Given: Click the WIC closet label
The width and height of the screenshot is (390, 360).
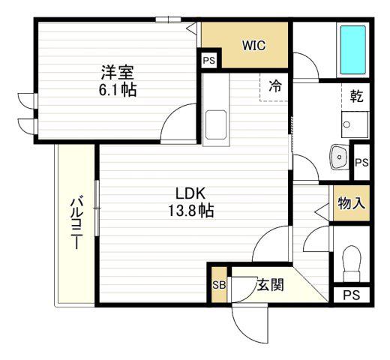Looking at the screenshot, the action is coord(253,45).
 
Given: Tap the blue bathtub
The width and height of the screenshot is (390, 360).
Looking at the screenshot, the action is coord(352,49).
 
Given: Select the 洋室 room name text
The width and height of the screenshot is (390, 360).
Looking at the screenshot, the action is coord(118,72).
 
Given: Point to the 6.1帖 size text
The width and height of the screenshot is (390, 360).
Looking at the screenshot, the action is coord(118,90).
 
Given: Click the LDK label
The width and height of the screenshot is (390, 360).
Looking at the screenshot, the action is coord(190,193).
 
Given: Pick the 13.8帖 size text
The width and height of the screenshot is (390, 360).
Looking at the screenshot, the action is coord(190,211).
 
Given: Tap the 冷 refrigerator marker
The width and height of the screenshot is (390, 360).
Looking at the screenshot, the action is coord(275,86).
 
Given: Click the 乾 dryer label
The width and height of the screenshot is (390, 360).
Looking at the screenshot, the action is coord(356,96).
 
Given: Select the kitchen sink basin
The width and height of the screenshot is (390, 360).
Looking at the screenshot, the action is coord(216,124).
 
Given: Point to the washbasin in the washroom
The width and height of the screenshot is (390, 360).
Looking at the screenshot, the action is coord(339,157).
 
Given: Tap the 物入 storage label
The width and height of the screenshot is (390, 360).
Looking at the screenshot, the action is coord(351,203).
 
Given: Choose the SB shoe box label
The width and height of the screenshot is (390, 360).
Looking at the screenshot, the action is coord(219,285).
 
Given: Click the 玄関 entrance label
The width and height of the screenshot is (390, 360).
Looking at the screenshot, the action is coord(270,285).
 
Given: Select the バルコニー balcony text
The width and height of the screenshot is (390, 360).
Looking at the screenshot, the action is coord(76,223).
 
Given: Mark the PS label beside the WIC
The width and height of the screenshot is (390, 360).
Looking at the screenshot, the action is coord(209,61).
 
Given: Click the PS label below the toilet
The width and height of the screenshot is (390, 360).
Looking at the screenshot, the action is coord(351,295).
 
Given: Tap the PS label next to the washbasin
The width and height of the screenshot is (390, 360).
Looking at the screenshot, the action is coord(361,163).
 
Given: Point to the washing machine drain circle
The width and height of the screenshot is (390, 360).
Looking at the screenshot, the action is coord(346,124).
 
